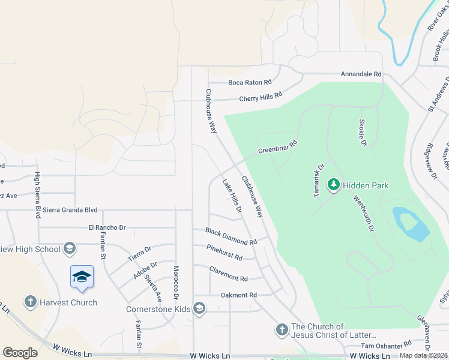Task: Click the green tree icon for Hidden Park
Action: click(333, 185)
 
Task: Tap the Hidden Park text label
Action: click(366, 185)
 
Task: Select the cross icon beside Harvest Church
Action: click(31, 302)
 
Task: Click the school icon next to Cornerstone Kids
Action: click(199, 310)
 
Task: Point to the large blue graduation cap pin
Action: click(82, 277)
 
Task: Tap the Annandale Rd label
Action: click(361, 74)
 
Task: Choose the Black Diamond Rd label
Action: click(231, 236)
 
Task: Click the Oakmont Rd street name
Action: click(238, 295)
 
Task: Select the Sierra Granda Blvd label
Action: click(70, 211)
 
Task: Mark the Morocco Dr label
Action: click(176, 283)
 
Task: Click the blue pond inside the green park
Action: click(411, 224)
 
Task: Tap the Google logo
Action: click(20, 352)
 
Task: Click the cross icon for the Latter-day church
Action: click(282, 329)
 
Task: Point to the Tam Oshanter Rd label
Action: click(386, 346)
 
